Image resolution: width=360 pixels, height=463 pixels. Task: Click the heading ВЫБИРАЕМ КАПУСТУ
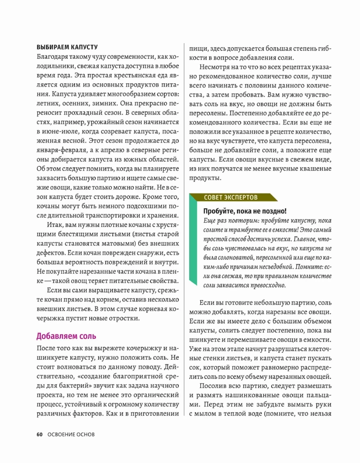coord(67,47)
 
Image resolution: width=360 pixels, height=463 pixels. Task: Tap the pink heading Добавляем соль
coord(66,336)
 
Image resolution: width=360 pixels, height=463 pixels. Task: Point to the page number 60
coord(39,434)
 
